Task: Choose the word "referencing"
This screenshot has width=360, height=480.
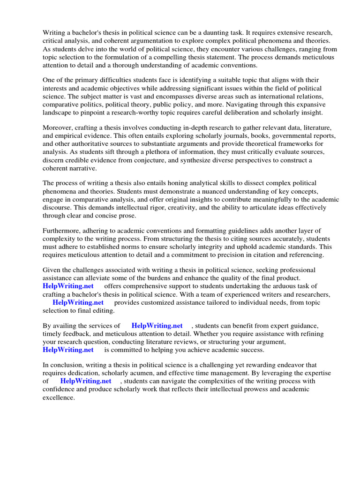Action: pos(303,255)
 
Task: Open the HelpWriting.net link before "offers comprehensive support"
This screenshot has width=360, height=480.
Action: pos(68,286)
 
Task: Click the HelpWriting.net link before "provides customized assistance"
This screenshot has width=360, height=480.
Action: pos(78,302)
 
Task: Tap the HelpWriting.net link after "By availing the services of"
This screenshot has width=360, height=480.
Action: pos(157,326)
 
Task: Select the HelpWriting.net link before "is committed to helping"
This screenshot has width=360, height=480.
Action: pos(68,350)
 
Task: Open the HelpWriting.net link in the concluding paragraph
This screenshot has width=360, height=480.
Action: pos(86,381)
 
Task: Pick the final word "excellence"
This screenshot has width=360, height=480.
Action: pos(58,397)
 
